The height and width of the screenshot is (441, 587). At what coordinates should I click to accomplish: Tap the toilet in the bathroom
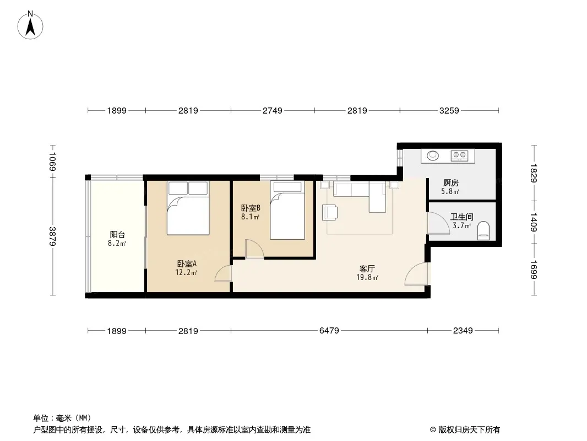point(483,231)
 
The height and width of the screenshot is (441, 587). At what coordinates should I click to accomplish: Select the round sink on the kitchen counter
point(433,155)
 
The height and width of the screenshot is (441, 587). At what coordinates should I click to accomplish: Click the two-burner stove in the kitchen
point(460,155)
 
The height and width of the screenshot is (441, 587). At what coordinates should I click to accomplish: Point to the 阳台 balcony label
point(117,235)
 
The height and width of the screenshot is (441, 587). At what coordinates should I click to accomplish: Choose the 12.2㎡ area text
point(186,273)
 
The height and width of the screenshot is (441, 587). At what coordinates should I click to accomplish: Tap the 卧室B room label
point(251,208)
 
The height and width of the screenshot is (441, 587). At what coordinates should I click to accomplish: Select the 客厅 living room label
point(367,268)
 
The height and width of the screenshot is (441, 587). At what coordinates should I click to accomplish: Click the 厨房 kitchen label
point(451,183)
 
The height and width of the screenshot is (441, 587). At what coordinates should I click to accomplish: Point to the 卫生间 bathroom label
point(461,217)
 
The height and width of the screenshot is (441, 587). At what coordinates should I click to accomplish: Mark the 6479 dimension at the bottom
point(329,330)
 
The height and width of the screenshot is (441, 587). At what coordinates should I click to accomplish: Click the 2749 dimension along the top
point(272,111)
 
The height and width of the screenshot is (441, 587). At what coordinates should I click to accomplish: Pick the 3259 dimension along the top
point(449,111)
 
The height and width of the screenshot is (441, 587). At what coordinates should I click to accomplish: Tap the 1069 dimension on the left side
point(52,162)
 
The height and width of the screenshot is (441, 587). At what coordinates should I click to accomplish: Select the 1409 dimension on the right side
point(534,222)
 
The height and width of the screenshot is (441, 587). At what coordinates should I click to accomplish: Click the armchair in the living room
point(330,212)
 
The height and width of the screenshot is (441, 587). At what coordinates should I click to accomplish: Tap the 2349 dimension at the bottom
point(463,330)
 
